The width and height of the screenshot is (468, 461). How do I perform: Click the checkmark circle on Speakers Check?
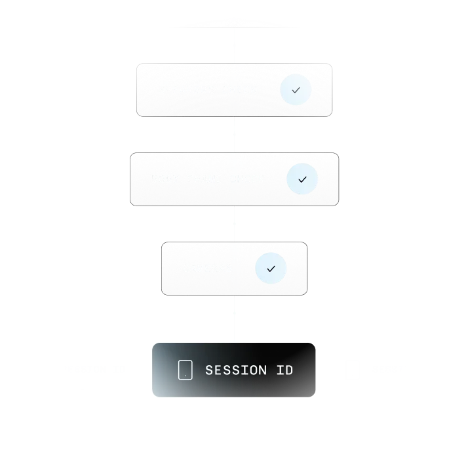(296, 90)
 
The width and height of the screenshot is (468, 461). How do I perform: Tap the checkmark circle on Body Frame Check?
(302, 179)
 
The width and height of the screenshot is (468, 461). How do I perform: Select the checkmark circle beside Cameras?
(271, 269)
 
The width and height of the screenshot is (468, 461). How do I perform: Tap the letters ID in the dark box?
(284, 370)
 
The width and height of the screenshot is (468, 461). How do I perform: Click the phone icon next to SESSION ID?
(185, 370)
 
